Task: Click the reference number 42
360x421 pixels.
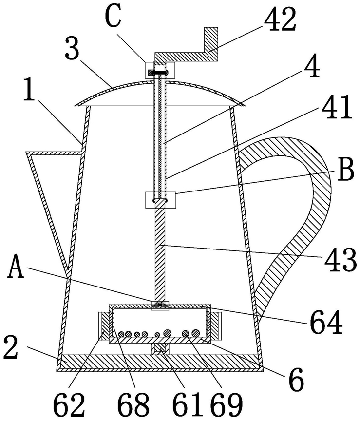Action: coord(280,19)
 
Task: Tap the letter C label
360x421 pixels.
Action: coord(114,17)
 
